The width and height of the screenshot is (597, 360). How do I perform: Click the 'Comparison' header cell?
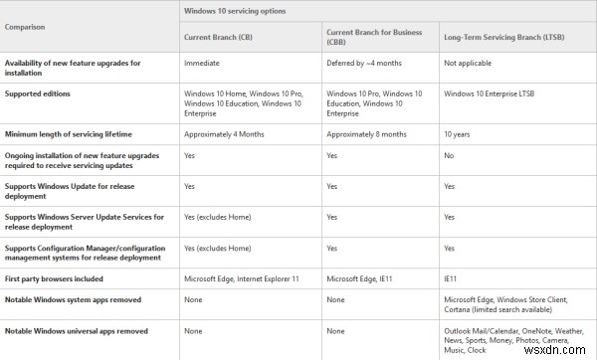[x=29, y=27]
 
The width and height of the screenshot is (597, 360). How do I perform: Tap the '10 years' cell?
[x=458, y=133]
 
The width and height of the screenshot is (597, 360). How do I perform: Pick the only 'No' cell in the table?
[x=449, y=156]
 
